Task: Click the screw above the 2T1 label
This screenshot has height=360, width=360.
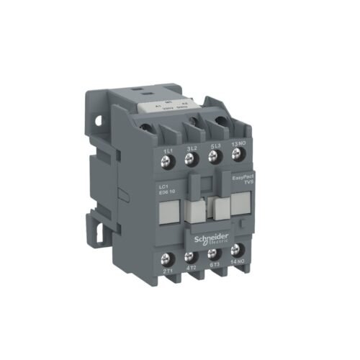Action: point(170,257)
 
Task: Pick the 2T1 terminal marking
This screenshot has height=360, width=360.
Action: point(168,271)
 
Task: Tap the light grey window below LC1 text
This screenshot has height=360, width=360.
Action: point(168,212)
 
